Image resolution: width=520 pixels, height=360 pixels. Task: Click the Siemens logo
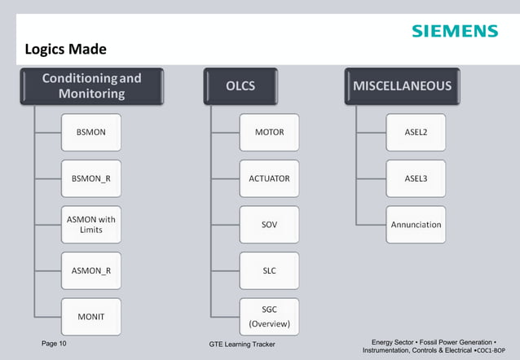[x=454, y=31]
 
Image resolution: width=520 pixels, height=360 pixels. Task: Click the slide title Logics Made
[x=66, y=50]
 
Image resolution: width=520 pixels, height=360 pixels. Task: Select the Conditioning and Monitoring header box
[x=91, y=86]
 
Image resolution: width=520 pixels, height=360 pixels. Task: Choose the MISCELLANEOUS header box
[x=402, y=86]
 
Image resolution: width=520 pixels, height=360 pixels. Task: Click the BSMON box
[x=91, y=132]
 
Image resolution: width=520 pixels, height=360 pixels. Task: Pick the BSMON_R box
[x=91, y=178]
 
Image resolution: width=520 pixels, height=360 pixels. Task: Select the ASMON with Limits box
[x=91, y=224]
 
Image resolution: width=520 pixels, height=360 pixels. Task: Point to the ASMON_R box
[x=91, y=270]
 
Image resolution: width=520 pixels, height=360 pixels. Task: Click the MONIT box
[x=91, y=317]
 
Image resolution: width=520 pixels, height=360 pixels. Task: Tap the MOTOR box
[x=269, y=132]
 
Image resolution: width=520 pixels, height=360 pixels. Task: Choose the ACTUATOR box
[x=269, y=178]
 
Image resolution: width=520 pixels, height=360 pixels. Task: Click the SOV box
[x=269, y=224]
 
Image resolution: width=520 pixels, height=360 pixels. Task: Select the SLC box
[x=269, y=270]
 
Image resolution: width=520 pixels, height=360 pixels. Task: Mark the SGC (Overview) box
[x=269, y=317]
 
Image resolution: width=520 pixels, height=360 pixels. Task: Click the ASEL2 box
[x=416, y=132]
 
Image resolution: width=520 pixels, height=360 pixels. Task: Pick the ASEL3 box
[x=416, y=178]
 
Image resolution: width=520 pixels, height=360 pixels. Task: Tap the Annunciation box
[x=416, y=224]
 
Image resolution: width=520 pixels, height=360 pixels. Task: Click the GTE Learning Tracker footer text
[x=242, y=345]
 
